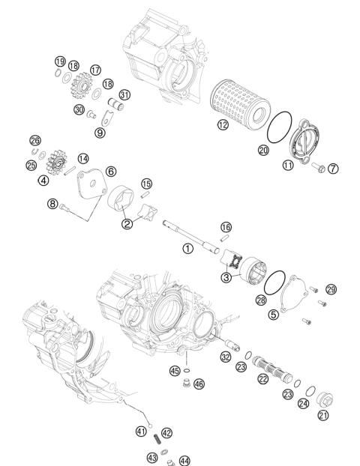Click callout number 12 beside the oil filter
222,127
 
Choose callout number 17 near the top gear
95,70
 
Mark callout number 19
59,61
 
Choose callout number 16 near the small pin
226,227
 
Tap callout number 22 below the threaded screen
262,380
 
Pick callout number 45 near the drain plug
175,371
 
